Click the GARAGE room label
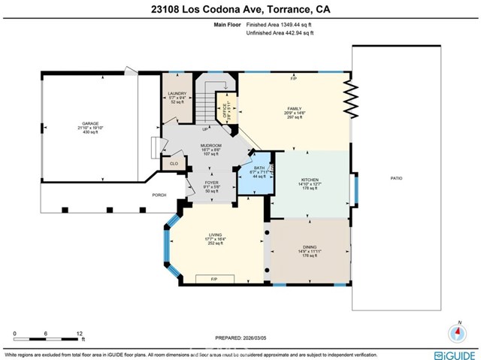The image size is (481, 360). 90,123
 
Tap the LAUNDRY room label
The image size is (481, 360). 177,93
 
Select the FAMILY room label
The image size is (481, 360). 294,109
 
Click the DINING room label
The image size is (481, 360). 310,247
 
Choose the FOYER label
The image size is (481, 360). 211,183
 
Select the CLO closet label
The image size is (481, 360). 173,162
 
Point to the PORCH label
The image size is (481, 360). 159,195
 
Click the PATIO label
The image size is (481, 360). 396,178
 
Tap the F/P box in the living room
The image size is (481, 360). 213,278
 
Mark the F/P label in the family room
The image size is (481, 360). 294,78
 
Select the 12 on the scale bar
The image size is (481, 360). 80,331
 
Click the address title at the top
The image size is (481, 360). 240,9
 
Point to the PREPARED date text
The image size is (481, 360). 241,338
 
